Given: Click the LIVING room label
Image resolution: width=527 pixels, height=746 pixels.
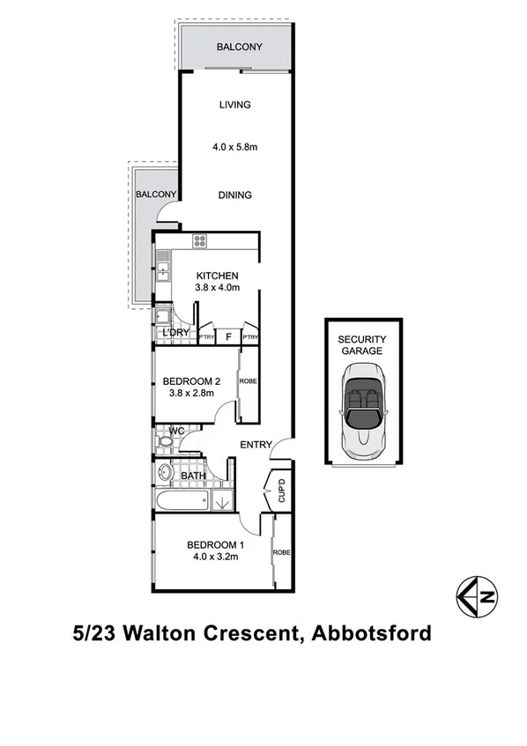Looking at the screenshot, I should coord(234,105).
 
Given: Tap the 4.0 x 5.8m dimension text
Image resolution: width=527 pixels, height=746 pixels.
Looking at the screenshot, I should coord(234,147).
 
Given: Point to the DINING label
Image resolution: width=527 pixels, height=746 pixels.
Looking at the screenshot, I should coord(234,196).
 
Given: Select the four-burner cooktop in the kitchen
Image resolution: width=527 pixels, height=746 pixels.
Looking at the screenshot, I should coord(200,240).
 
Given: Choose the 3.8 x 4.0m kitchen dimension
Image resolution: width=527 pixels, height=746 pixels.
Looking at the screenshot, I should coord(217,289).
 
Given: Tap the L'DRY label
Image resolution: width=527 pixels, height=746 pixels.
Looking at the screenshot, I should coord(176,333).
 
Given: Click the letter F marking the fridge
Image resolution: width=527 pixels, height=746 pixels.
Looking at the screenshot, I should coord(228,336).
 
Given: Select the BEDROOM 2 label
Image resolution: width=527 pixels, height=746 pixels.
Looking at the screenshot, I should coord(191,381).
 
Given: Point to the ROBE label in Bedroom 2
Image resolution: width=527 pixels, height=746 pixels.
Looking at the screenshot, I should coord(249,382).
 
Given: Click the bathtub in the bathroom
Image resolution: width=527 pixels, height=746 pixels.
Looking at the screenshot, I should coord(182,503).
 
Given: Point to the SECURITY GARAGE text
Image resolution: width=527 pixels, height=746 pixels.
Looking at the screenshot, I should coord(362,344).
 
